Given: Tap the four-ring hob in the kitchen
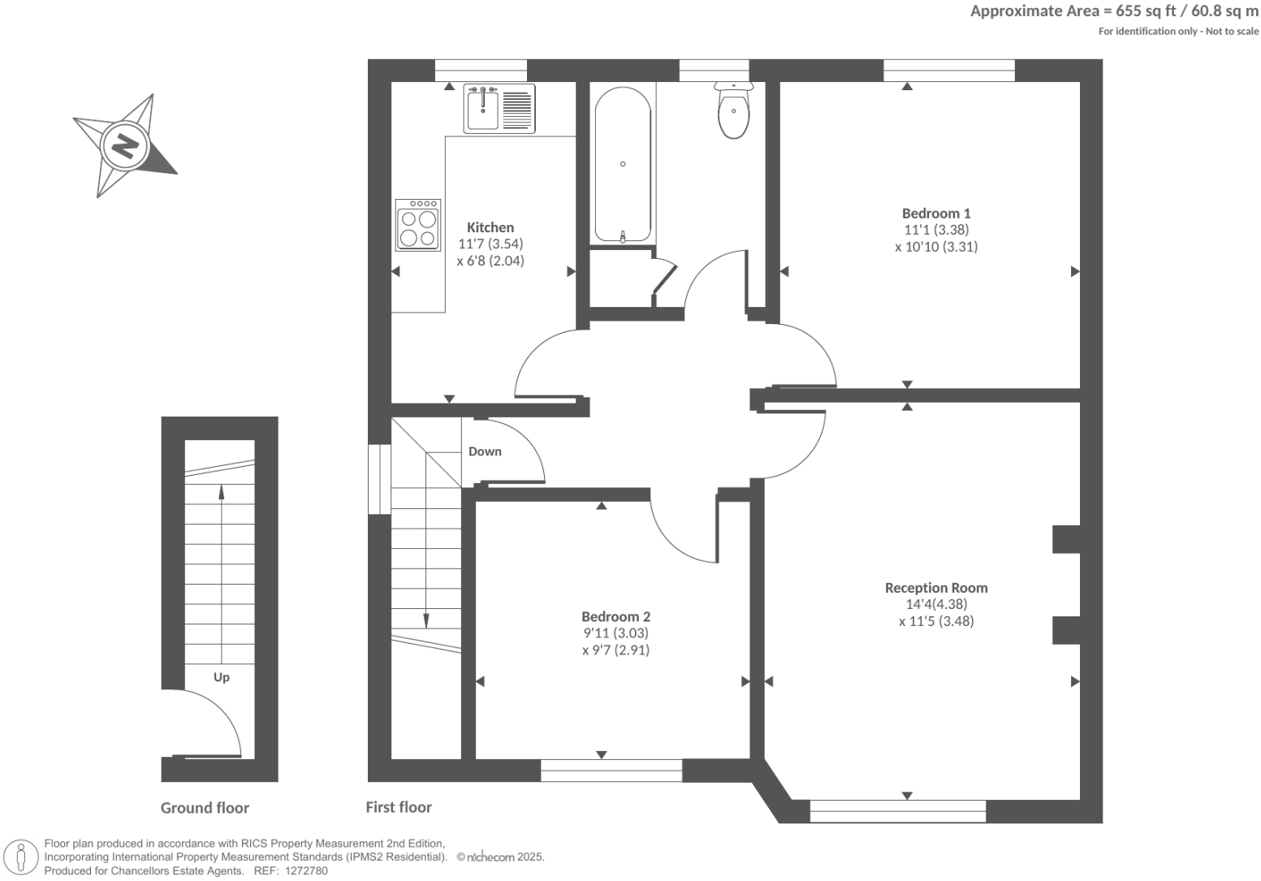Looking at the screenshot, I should (418, 225).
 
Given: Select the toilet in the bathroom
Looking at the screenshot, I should (733, 114).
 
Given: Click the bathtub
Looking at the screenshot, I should (623, 165).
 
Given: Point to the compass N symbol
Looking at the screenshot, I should (124, 146).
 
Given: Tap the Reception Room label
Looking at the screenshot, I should (936, 588).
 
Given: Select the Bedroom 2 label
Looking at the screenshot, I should (615, 617).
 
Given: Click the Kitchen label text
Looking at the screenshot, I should (490, 227).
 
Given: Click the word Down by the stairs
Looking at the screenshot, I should (485, 451).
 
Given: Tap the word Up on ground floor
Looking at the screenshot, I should (222, 677).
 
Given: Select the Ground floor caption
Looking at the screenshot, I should (205, 808).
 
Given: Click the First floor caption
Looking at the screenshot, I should (399, 807).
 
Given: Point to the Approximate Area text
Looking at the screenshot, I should (1114, 11).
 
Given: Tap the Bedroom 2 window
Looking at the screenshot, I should (611, 770).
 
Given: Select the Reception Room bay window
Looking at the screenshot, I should (898, 811).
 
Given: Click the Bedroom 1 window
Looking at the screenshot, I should (949, 71).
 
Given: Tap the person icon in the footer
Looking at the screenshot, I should (21, 857).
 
